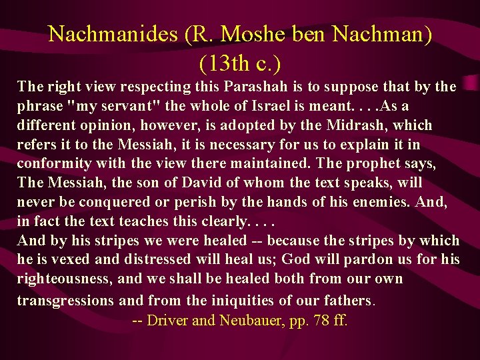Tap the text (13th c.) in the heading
click(239, 63)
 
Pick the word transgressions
click(65, 300)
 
